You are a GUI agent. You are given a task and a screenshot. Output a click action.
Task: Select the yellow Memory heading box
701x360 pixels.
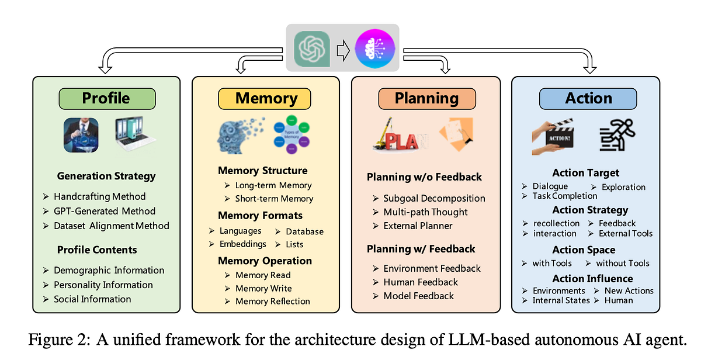coord(266,99)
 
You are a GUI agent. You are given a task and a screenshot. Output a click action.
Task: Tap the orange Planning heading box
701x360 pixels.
coord(426,98)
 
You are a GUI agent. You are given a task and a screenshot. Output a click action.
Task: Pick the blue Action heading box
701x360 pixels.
coord(588,98)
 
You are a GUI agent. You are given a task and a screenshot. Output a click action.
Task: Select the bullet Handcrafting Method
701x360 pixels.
coord(99,196)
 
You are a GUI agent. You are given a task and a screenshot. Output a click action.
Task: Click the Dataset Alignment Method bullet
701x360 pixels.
coord(111,226)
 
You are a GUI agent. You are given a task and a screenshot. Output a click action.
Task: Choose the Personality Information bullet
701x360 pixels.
coord(103,285)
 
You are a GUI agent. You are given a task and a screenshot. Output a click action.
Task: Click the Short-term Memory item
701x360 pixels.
coord(274,199)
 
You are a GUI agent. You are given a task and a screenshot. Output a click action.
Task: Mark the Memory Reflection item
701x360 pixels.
coord(272,302)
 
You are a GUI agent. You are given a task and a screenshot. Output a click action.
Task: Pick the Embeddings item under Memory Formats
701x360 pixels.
coord(242,244)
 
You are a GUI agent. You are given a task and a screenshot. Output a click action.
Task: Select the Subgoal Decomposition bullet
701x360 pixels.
coord(434,199)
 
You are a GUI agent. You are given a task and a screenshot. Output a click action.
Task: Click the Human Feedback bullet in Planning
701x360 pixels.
coord(421,282)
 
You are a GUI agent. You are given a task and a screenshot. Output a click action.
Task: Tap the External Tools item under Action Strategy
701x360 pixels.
coord(626,233)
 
